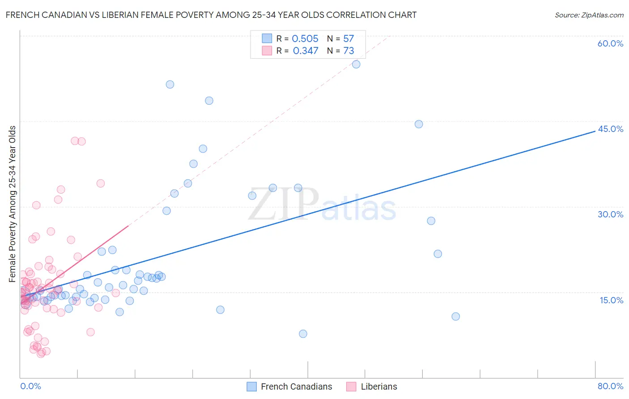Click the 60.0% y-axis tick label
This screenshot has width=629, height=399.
[x=610, y=43]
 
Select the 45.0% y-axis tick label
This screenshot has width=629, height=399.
[x=610, y=129]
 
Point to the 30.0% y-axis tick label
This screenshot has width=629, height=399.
[x=610, y=214]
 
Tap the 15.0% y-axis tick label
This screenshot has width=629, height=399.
[x=611, y=300]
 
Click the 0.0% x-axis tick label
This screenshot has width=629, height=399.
[x=30, y=386]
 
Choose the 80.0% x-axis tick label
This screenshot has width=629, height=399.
[x=610, y=386]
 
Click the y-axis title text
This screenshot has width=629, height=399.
[x=12, y=204]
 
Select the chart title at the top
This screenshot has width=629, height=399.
[x=211, y=15]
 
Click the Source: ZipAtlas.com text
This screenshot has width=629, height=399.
[x=589, y=15]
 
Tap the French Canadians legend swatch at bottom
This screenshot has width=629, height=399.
[x=252, y=386]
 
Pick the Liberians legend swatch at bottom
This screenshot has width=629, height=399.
[x=351, y=386]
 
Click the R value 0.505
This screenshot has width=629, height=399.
[x=305, y=39]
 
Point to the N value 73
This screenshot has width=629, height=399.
[x=348, y=51]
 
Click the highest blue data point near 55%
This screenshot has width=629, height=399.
[x=356, y=64]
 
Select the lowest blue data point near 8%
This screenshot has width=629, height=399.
[x=303, y=334]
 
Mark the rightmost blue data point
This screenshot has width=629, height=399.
[x=455, y=316]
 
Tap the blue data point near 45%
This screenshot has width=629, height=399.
[x=419, y=124]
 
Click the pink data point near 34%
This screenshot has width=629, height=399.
[x=101, y=183]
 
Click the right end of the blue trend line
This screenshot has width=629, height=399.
[x=595, y=131]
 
